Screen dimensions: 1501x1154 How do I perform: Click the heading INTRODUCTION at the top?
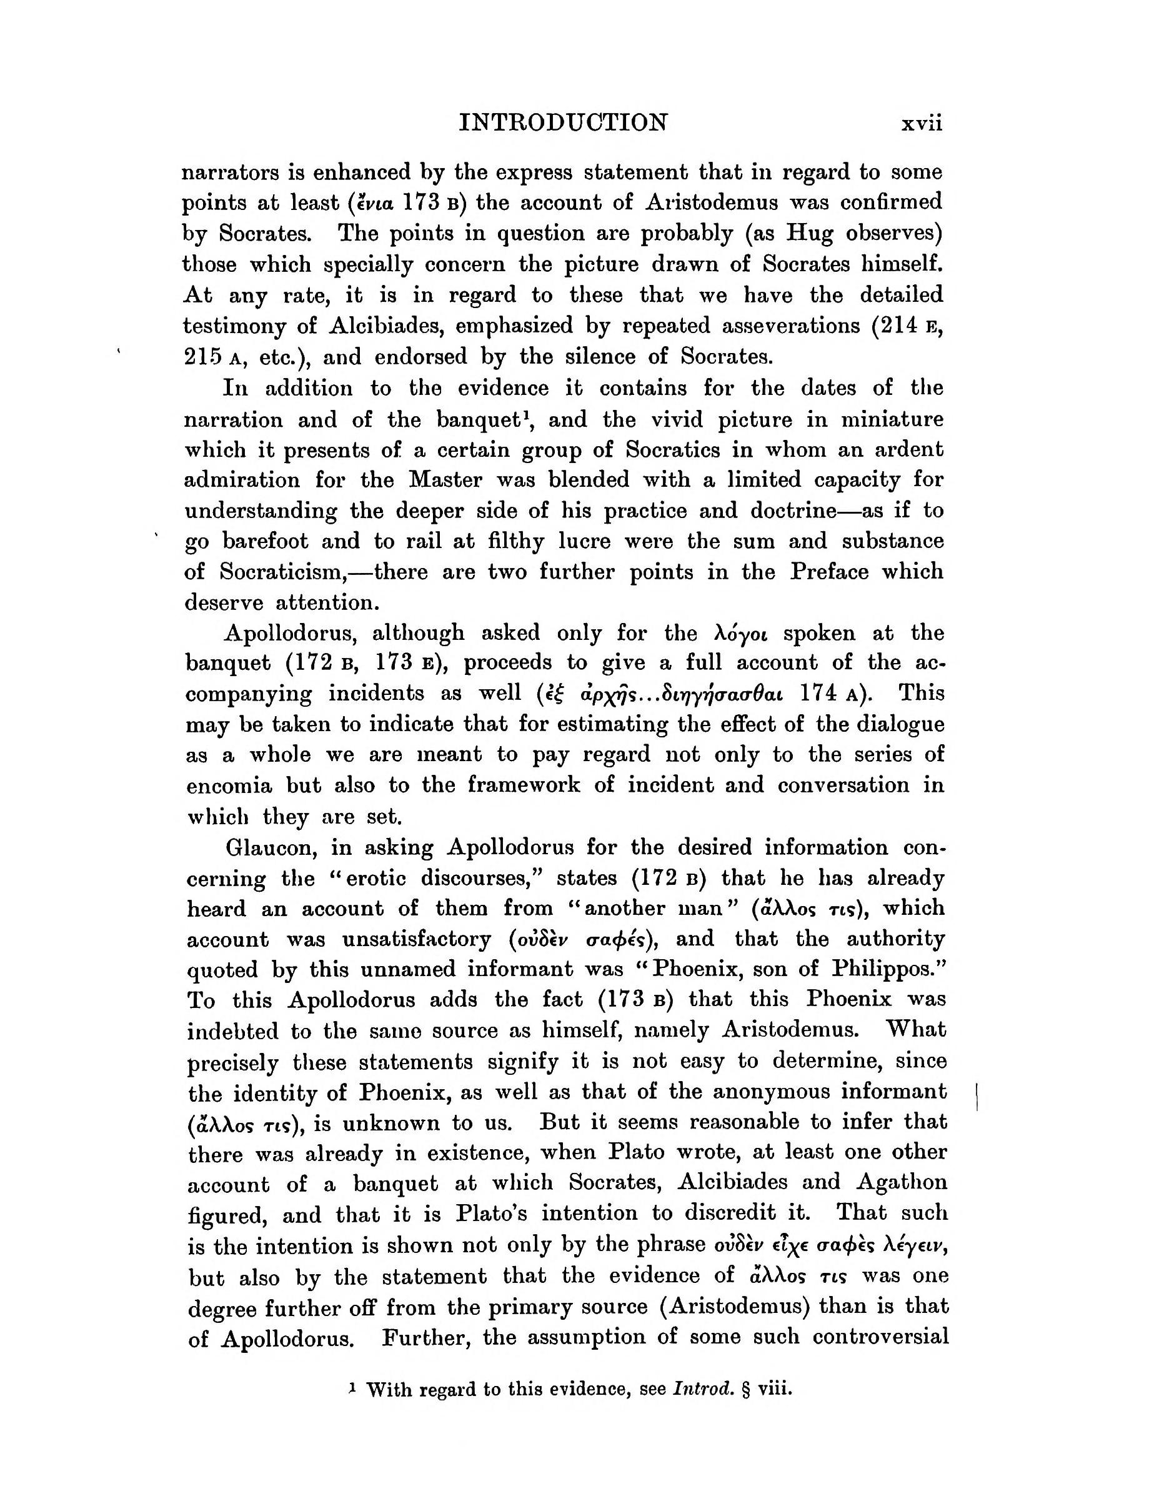562,122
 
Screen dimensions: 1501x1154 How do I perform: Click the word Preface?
829,572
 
